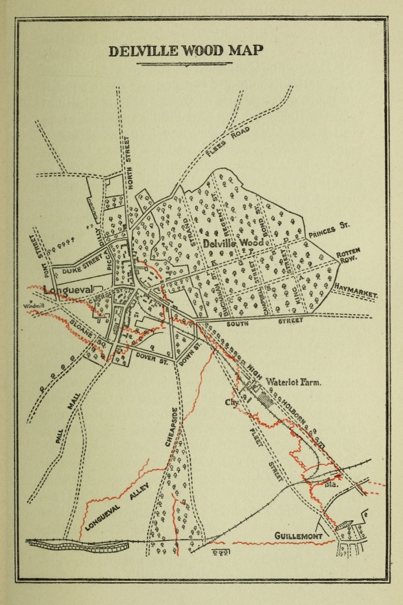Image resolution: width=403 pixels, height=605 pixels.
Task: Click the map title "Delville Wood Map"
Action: click(x=186, y=51)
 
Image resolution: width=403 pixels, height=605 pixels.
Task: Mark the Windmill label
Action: click(x=32, y=305)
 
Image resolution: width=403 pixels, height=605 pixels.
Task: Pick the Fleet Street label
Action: click(x=261, y=455)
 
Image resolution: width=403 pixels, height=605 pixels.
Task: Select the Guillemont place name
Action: click(x=299, y=535)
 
